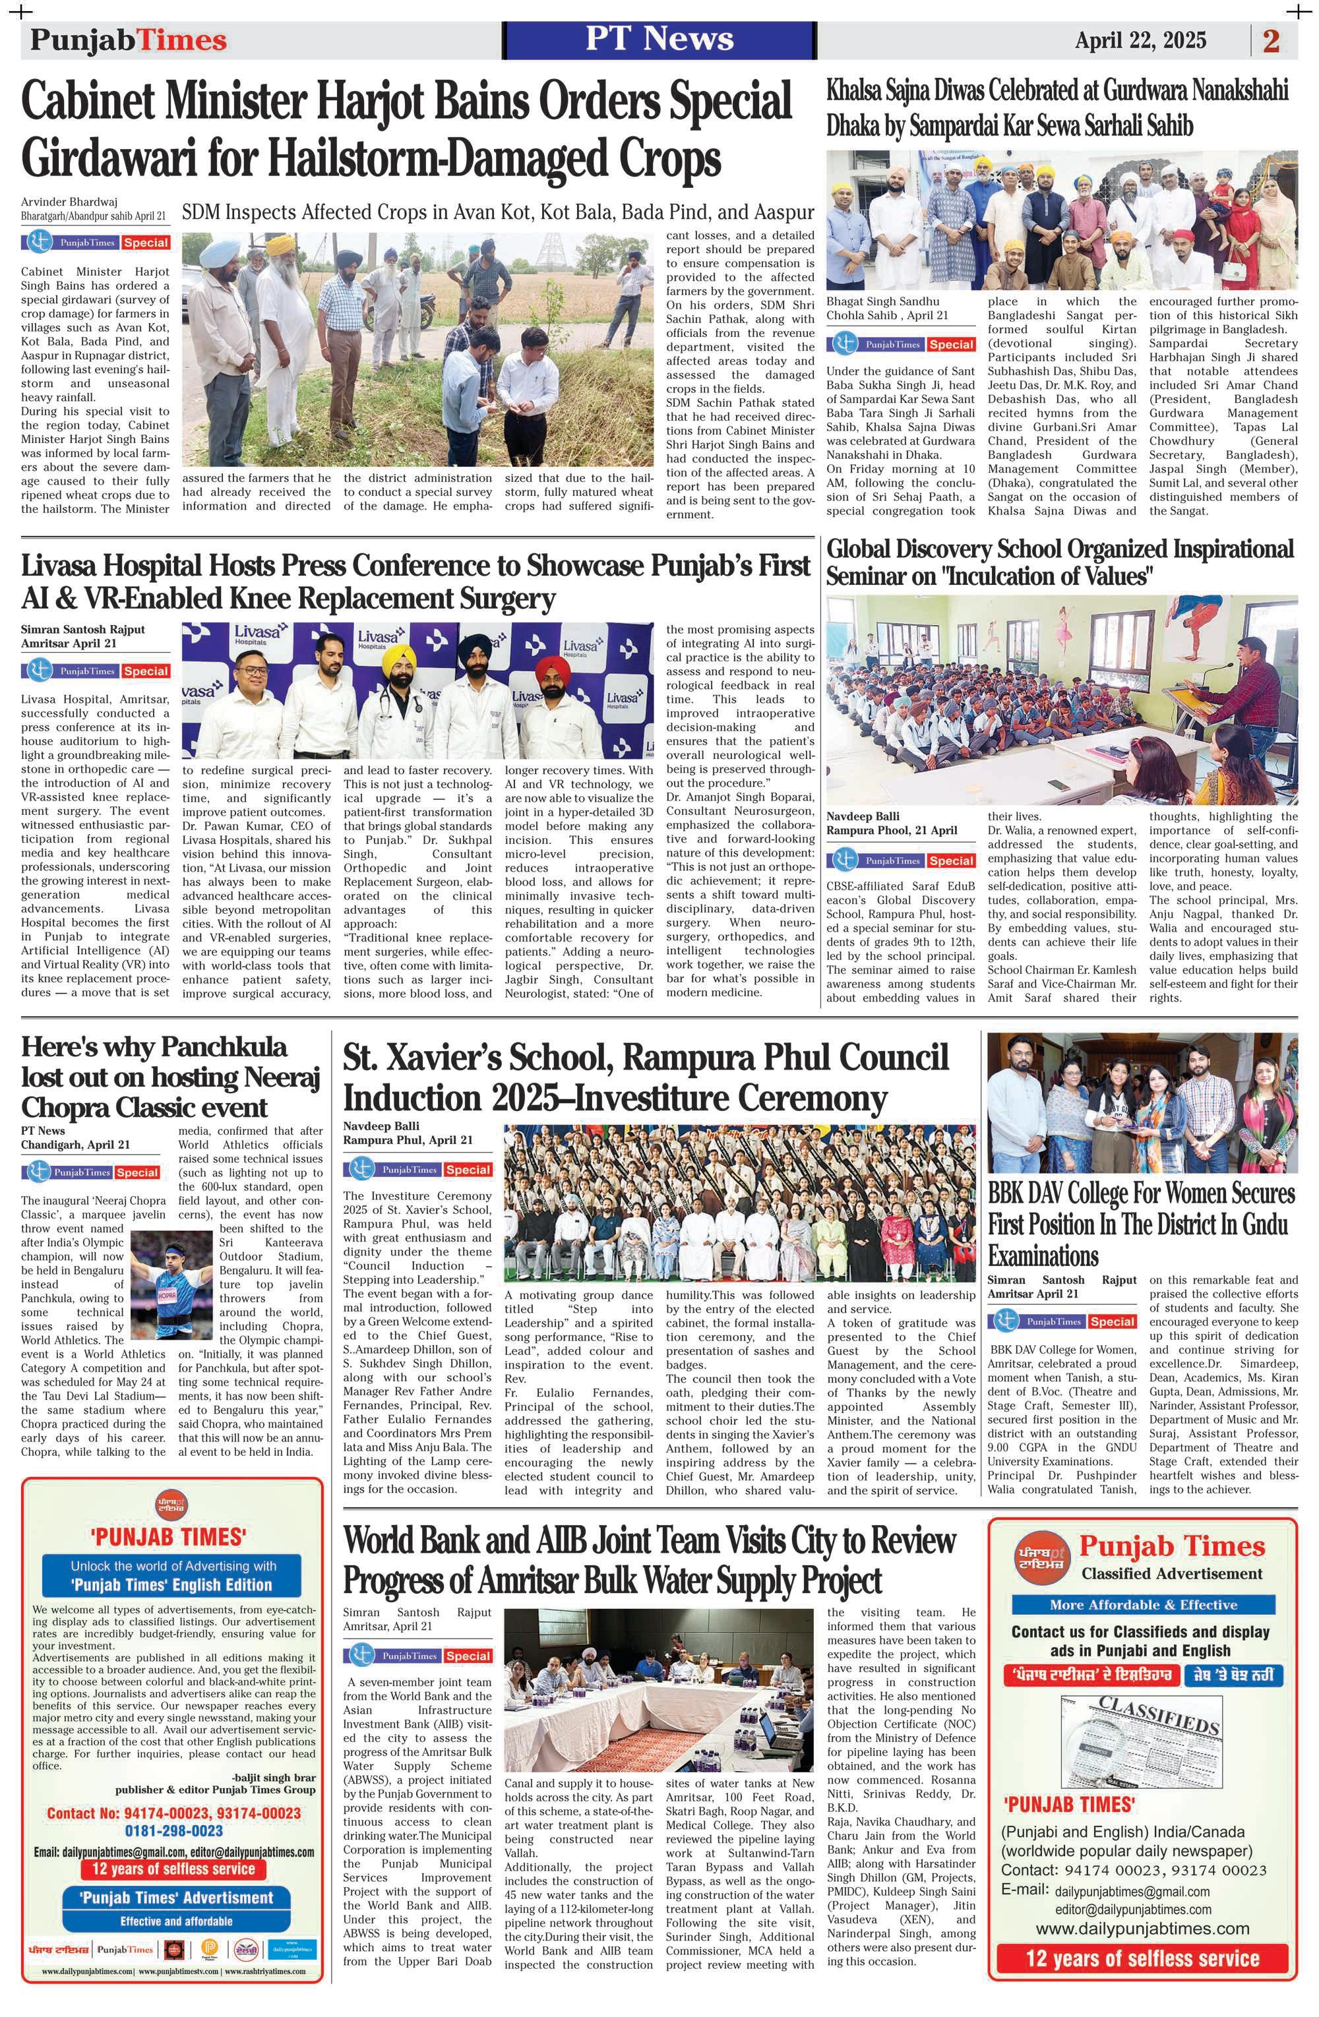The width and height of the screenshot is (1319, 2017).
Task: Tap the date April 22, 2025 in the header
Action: [x=1140, y=40]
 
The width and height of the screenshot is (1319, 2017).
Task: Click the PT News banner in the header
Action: [x=659, y=39]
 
